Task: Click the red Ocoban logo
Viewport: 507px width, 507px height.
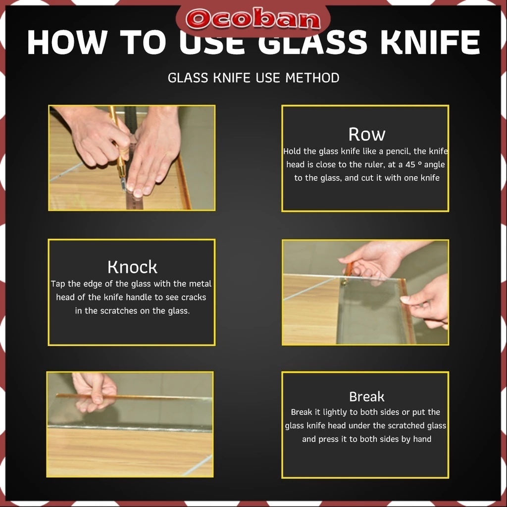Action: coord(253,20)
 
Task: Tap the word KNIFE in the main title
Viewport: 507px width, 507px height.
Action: coord(430,43)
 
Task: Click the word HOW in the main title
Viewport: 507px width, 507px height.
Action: coord(67,43)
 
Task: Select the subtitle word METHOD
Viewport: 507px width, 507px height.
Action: coord(312,78)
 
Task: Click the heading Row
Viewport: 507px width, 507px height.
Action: coord(367,134)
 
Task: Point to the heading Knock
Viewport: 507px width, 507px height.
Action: coord(132,267)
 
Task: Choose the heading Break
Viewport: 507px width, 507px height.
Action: coord(367,397)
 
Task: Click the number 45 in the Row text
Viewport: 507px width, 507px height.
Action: coord(410,164)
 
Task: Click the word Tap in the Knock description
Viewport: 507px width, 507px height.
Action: coord(58,284)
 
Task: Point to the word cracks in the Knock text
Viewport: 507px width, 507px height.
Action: coord(194,298)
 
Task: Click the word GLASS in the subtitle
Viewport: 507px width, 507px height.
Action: coord(188,78)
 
